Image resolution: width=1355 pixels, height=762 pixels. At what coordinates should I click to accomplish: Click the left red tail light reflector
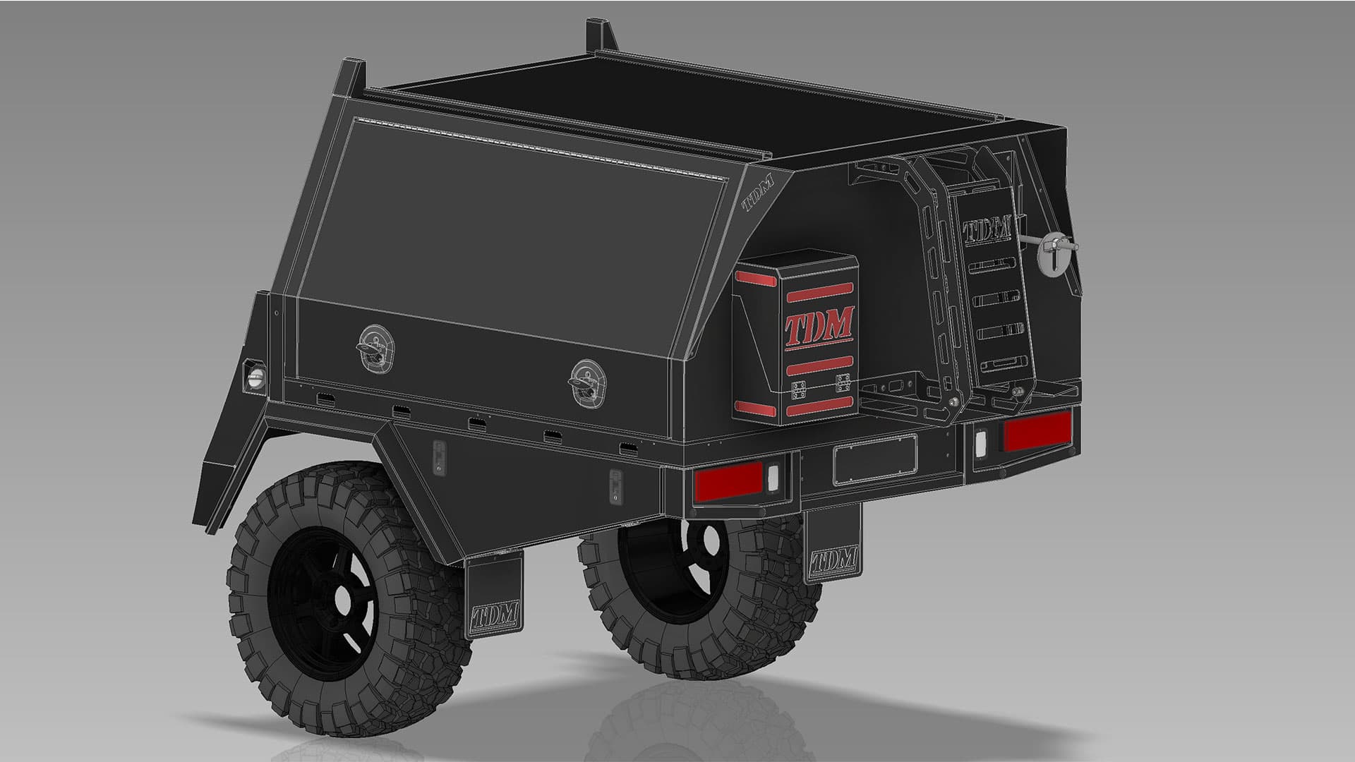pyautogui.click(x=729, y=481)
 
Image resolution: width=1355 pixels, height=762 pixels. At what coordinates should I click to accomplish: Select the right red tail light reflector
pyautogui.click(x=1037, y=430)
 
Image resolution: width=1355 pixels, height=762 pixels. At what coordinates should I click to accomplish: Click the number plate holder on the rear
pyautogui.click(x=875, y=459)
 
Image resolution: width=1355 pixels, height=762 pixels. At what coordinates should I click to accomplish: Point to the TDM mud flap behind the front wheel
pyautogui.click(x=493, y=596)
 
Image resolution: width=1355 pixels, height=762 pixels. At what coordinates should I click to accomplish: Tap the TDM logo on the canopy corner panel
pyautogui.click(x=758, y=193)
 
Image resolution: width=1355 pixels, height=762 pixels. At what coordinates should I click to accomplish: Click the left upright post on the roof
pyautogui.click(x=354, y=78)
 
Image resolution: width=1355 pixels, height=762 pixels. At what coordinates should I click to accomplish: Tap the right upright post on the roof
pyautogui.click(x=597, y=35)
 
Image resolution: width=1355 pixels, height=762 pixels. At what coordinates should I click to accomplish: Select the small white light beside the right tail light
pyautogui.click(x=981, y=442)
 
